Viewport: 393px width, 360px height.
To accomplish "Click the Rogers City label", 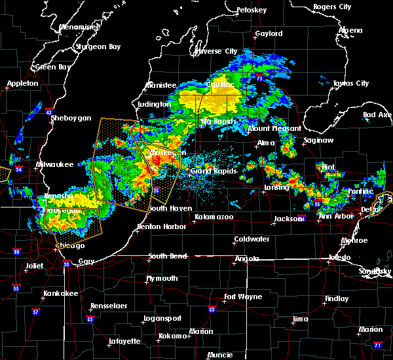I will click(x=332, y=7).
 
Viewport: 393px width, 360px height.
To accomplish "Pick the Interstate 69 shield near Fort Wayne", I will click(x=212, y=310).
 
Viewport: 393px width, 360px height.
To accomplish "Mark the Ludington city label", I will click(x=155, y=104).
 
